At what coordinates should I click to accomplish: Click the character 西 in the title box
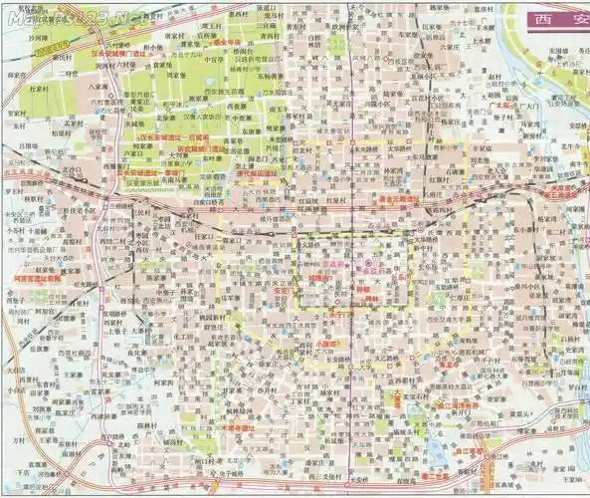(542, 18)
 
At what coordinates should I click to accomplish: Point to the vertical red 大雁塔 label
(396, 399)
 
